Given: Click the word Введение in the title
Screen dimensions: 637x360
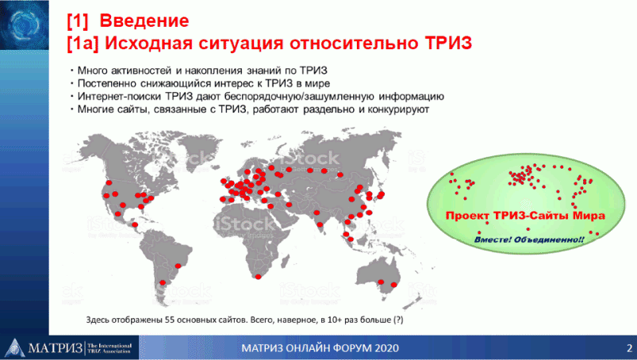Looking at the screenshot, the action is point(144,21).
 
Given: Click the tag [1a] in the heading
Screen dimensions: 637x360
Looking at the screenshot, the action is point(83,43).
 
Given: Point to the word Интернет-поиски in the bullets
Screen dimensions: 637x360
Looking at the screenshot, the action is point(120,97).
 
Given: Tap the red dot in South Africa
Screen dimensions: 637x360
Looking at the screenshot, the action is point(258,277).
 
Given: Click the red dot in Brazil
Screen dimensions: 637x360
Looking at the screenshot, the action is point(178,266).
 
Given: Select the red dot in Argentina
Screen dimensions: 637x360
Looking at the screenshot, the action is point(163,282).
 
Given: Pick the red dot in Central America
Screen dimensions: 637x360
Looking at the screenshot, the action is point(135,224).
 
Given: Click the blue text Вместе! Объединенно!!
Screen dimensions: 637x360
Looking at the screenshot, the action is point(529,239).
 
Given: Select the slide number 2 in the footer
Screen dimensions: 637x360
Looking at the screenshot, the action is point(629,348).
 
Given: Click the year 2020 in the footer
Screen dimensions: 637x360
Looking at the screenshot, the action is point(387,348).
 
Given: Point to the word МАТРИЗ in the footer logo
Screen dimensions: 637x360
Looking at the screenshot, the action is point(56,348).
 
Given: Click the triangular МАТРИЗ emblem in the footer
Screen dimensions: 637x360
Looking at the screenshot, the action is point(14,348).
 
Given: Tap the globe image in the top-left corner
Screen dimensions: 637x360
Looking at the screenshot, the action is point(25,25).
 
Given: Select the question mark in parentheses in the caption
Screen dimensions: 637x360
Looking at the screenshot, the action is point(398,320).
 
